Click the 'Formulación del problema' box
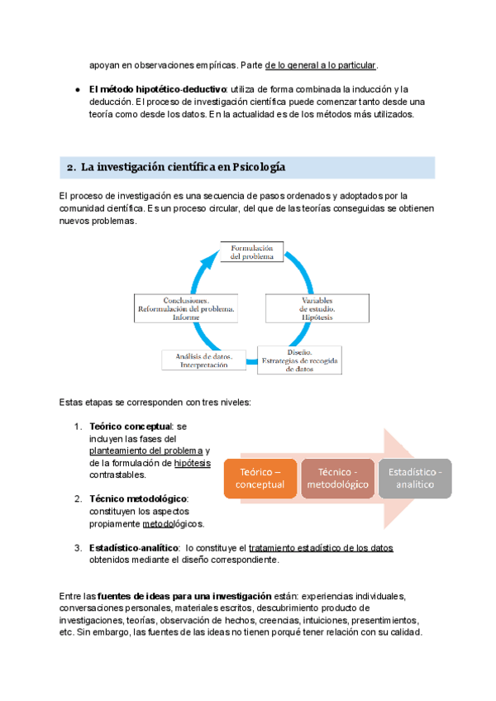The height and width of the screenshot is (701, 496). pos(251,251)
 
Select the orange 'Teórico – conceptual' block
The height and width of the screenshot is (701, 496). pos(260,478)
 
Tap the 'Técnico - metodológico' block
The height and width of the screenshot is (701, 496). pos(336,478)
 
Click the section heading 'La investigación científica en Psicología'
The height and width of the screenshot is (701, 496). pos(183,168)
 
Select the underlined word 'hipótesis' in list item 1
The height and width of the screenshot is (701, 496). pos(193,463)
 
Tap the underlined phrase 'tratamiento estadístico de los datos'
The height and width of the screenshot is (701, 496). pos(321,547)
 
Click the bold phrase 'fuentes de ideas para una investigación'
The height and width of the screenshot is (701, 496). pos(184,596)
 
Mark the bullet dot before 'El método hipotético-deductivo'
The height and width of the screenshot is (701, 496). pos(77,88)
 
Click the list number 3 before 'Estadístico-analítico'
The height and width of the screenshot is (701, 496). pos(77,547)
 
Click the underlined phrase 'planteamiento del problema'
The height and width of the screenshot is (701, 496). pos(145,451)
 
